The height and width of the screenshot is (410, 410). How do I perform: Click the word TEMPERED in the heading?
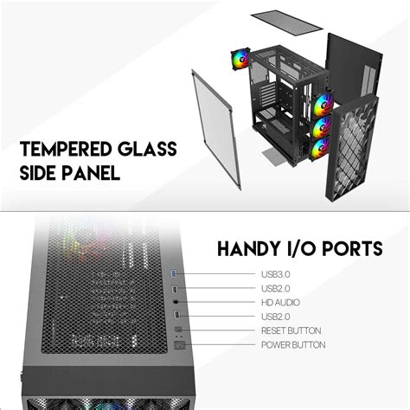coord(66,149)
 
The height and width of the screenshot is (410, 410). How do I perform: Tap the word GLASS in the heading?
coord(147,149)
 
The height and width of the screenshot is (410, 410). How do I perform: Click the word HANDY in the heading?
coord(249,248)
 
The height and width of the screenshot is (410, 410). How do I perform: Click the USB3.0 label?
coord(276,274)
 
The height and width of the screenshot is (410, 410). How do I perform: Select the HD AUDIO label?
coord(280,303)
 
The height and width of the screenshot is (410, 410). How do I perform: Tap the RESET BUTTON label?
coord(291,330)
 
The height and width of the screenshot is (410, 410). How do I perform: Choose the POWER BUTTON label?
coord(293,344)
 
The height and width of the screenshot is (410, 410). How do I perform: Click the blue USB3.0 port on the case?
coord(174,273)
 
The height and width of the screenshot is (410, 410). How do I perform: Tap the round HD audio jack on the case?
coord(176,302)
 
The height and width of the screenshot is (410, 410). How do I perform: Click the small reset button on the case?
coord(178,329)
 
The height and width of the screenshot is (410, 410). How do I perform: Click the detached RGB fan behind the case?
coord(240,60)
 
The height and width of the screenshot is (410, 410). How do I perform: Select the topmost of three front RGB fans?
coord(323,105)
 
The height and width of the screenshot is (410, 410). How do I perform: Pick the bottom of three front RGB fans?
coord(320,149)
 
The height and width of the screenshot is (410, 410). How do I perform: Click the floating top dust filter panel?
coord(286,22)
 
